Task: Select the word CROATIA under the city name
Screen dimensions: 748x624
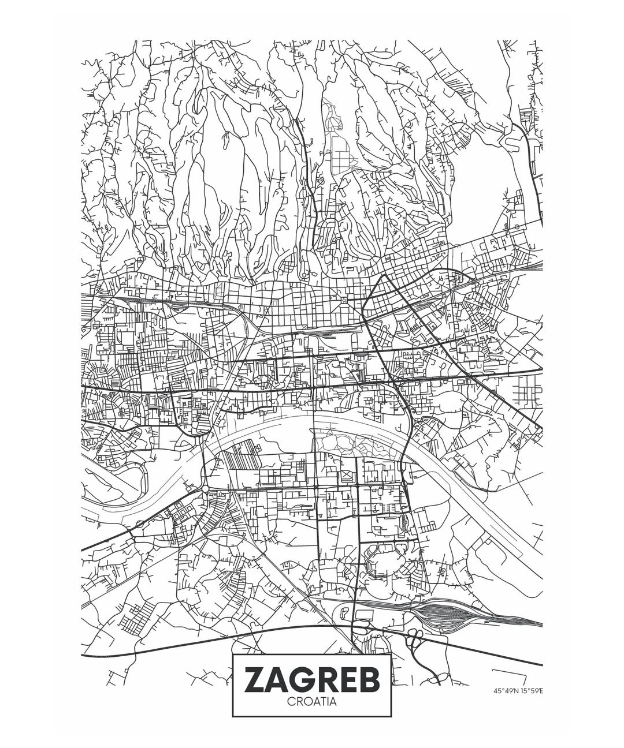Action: [311, 702]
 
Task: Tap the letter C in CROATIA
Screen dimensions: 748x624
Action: [291, 702]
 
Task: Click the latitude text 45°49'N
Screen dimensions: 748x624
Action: [506, 690]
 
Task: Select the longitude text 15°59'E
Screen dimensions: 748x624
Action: [532, 690]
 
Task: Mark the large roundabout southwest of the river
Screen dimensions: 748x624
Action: [205, 489]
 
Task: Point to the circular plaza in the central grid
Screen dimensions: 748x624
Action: [344, 300]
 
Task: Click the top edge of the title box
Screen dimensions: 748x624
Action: [311, 654]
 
